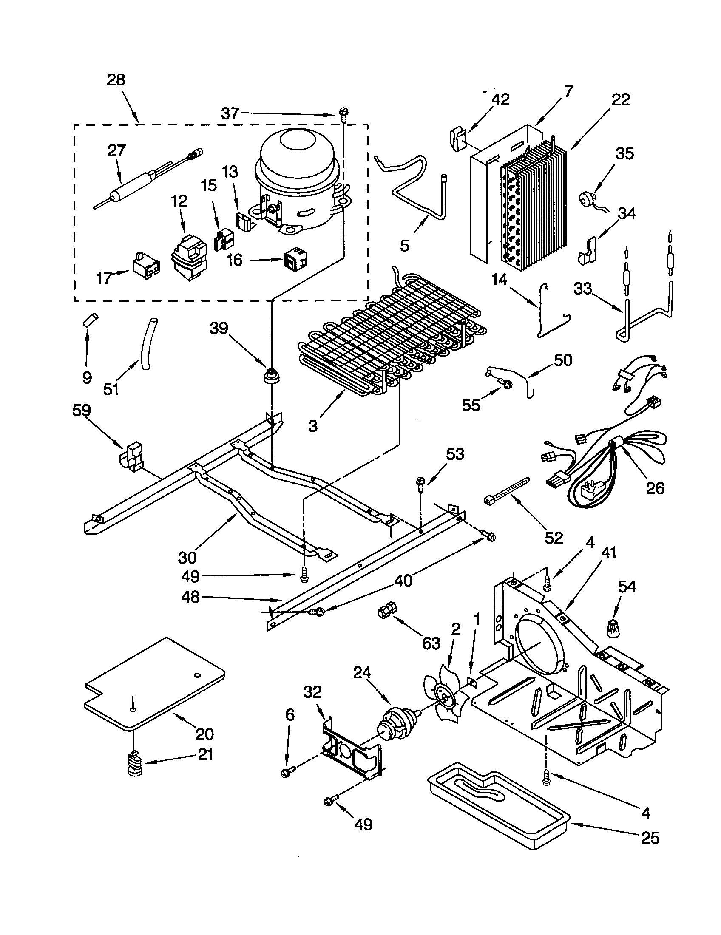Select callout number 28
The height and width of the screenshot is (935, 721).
point(116,80)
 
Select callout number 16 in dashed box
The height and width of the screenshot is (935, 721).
point(235,260)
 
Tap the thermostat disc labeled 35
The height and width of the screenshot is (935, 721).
point(585,199)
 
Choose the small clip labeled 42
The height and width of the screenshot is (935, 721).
point(458,139)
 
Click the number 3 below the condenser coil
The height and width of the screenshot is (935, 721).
point(313,426)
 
